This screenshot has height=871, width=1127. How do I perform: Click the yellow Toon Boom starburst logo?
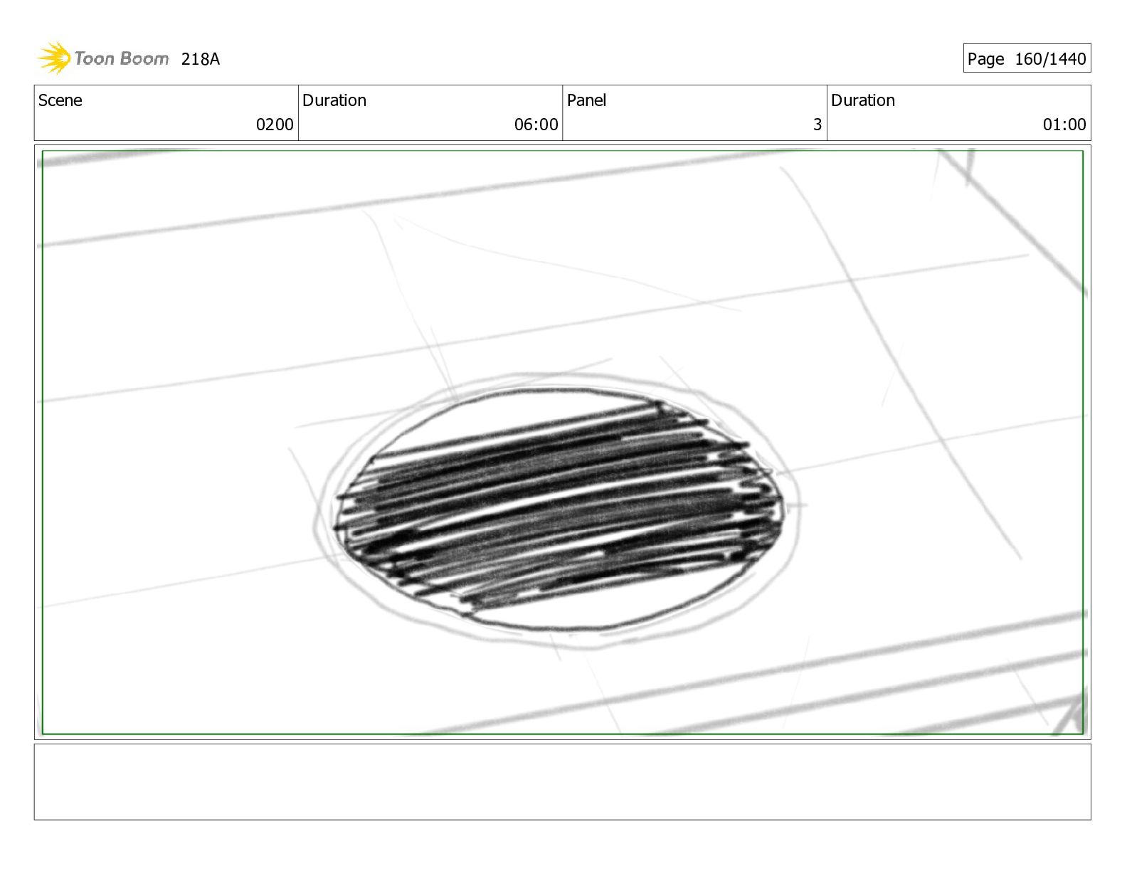point(54,58)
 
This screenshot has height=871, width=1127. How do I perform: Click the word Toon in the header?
point(94,58)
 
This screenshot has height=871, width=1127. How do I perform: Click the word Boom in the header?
point(144,58)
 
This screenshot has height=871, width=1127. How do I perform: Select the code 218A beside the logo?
point(201,59)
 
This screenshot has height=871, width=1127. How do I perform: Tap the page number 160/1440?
point(1050,59)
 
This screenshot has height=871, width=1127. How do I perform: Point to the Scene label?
point(60,100)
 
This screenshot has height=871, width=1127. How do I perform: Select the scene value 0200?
point(275,125)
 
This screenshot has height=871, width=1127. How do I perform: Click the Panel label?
point(586,100)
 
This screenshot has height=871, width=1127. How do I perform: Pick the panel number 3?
point(818,125)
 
